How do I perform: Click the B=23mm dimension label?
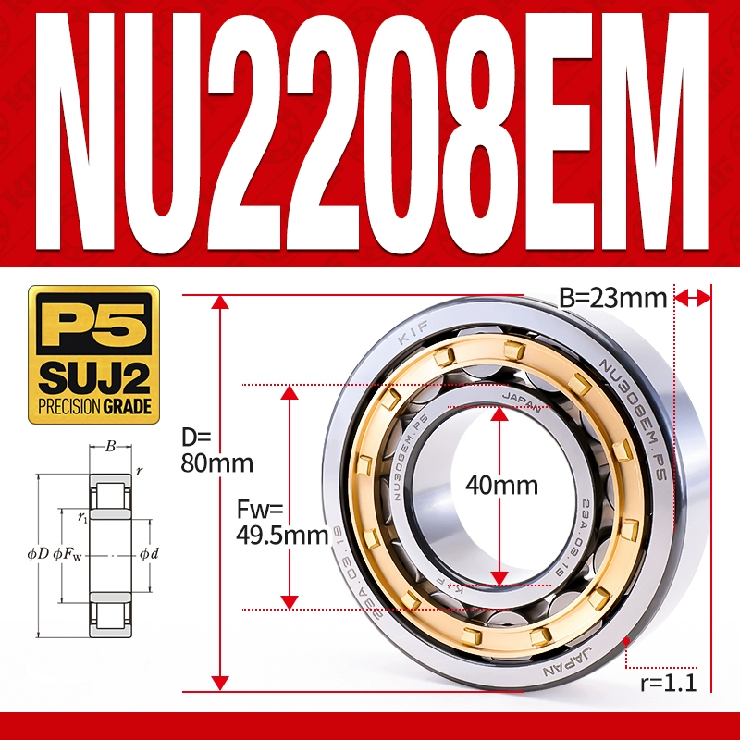613,298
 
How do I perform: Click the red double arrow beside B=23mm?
693,297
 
